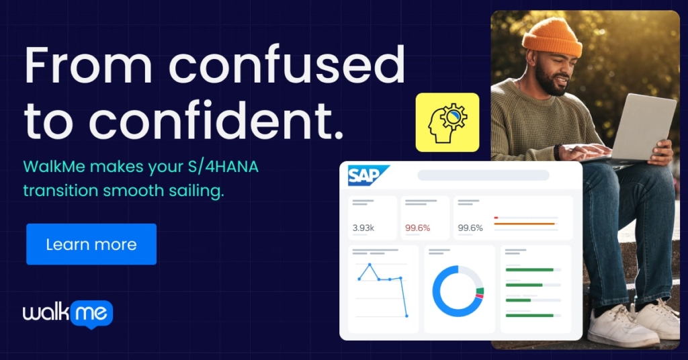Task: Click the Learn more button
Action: click(x=91, y=244)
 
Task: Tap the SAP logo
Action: click(x=368, y=175)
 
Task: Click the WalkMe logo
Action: click(x=68, y=314)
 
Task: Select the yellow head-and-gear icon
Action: click(x=447, y=122)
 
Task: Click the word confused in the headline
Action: click(x=287, y=65)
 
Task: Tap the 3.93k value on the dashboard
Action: click(x=363, y=228)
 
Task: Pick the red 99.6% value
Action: click(x=417, y=228)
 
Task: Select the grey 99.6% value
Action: click(x=470, y=228)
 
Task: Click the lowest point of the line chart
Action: click(x=406, y=316)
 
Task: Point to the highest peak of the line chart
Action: click(x=370, y=265)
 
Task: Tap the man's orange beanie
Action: click(x=552, y=38)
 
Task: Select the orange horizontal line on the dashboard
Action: click(x=525, y=224)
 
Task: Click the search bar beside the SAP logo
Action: click(x=483, y=175)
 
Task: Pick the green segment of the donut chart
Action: click(x=480, y=291)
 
